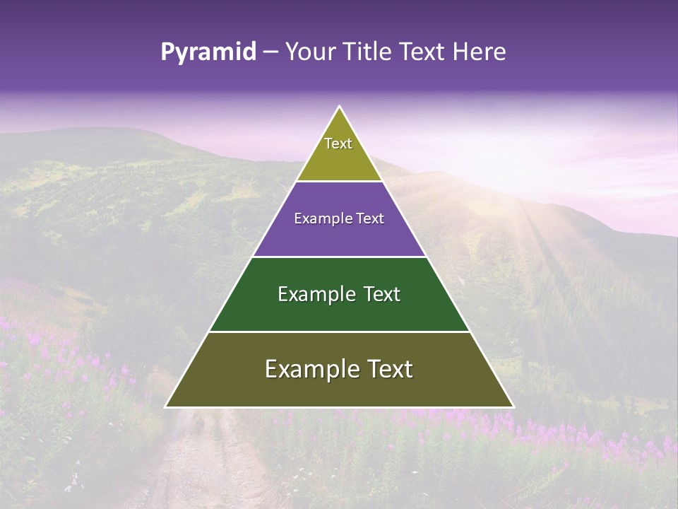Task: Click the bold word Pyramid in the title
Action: point(208,52)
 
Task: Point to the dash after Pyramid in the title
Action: point(270,52)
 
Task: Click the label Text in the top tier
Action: point(338,144)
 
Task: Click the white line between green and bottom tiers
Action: point(339,332)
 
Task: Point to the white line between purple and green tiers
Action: point(339,257)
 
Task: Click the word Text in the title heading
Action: point(422,52)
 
